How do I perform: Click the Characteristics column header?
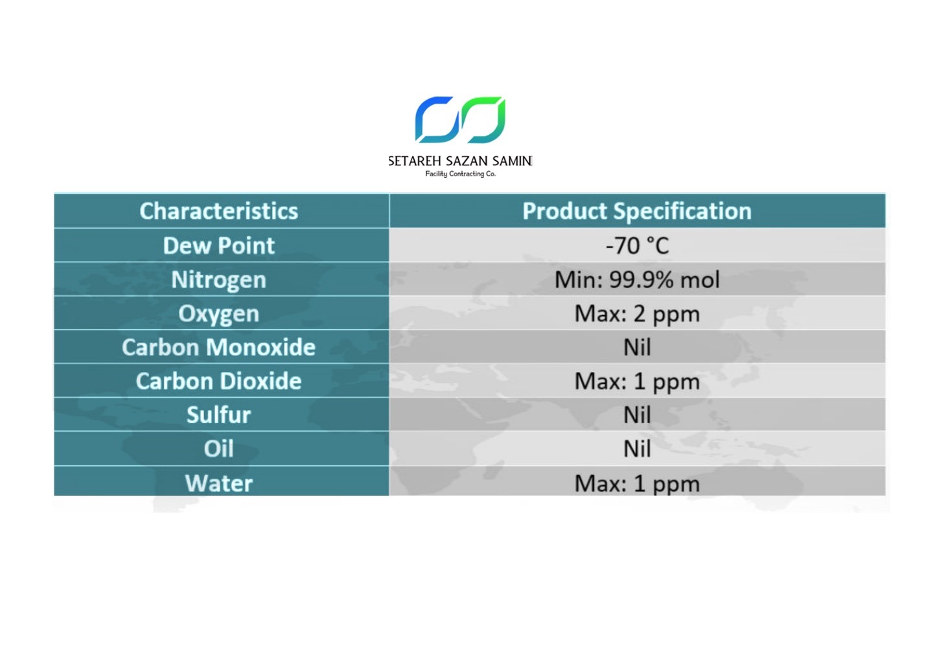point(218,211)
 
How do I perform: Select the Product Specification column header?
point(636,212)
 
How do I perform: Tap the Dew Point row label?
point(218,246)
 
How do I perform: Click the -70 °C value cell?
point(637,246)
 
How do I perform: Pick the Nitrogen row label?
point(218,281)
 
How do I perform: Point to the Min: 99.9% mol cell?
point(637,280)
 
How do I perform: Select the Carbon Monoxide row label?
point(218,347)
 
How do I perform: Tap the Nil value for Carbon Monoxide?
point(637,347)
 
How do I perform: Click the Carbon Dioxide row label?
point(218,381)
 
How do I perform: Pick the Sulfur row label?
point(218,415)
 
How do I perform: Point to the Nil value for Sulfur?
point(637,415)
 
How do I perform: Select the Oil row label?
point(218,449)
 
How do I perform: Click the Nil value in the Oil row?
point(637,449)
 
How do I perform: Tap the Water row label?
point(218,483)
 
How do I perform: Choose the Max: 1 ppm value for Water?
point(637,484)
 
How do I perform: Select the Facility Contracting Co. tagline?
point(461,174)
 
